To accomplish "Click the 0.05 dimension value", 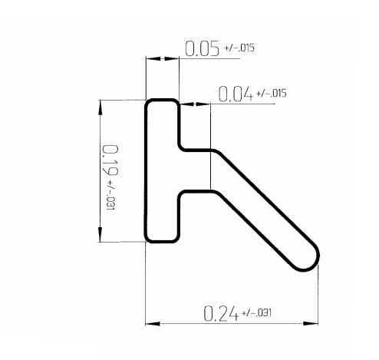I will pos(201,48).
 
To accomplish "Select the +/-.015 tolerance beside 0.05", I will pos(239,48).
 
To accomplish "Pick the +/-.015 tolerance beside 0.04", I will pos(271,94).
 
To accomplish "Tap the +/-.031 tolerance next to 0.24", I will pos(257,312).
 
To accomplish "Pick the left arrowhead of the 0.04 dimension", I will pos(186,104).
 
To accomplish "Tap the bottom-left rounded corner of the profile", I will pos(150,237).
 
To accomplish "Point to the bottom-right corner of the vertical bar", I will pos(177,238).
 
